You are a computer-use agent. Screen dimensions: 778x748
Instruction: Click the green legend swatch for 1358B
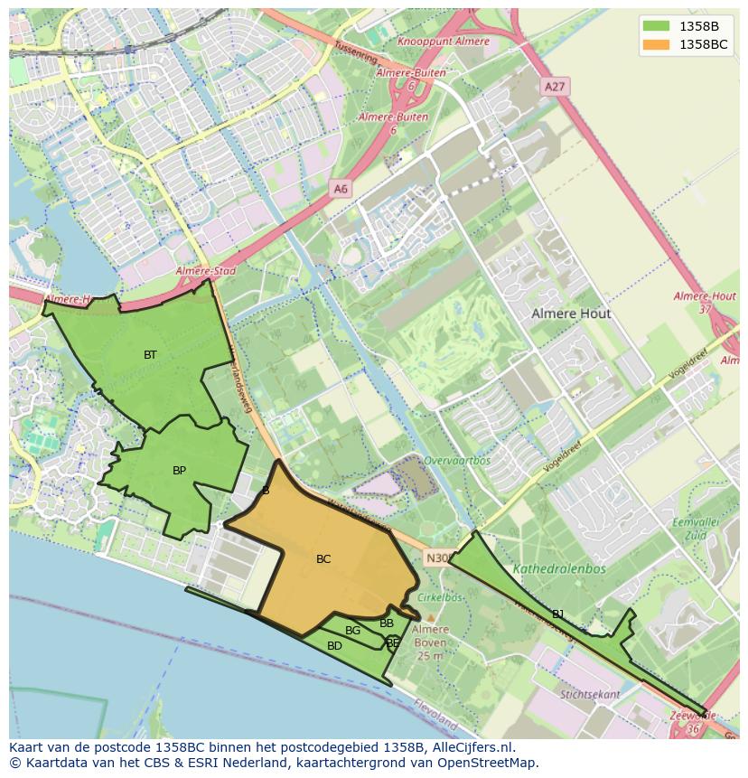pos(656,25)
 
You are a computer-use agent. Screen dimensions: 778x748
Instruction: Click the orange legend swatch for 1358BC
pos(656,44)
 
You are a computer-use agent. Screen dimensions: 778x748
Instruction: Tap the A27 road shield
pos(554,86)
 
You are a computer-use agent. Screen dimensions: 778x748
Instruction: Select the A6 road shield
pos(340,189)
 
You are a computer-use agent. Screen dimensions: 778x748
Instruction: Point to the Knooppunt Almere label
pos(444,42)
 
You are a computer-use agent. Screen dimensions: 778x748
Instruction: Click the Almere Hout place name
pos(571,314)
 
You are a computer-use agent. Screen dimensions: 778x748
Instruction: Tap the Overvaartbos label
pos(457,460)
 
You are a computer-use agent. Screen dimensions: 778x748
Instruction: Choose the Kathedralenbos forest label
pos(559,569)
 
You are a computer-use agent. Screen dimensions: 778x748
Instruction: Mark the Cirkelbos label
pos(441,597)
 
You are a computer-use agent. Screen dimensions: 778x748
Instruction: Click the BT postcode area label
pos(150,355)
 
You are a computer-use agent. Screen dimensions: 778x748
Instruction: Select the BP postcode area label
pos(179,471)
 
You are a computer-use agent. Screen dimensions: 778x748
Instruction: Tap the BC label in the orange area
pos(323,559)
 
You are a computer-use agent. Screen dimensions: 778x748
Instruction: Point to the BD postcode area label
pos(334,646)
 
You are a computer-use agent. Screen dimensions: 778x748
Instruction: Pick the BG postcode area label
pos(352,631)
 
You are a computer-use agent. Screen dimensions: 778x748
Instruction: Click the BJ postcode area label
pos(558,614)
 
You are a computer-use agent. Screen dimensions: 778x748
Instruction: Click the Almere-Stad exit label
pos(205,271)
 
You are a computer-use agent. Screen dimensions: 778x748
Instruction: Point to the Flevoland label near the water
pos(435,715)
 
